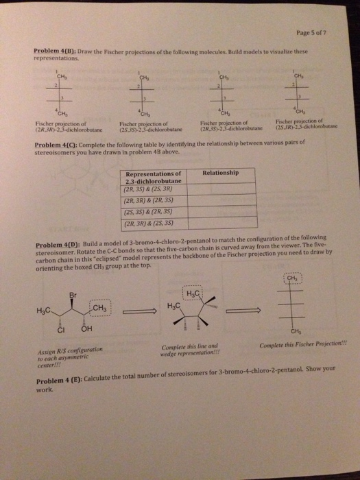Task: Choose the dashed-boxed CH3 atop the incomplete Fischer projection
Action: coord(297,279)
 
